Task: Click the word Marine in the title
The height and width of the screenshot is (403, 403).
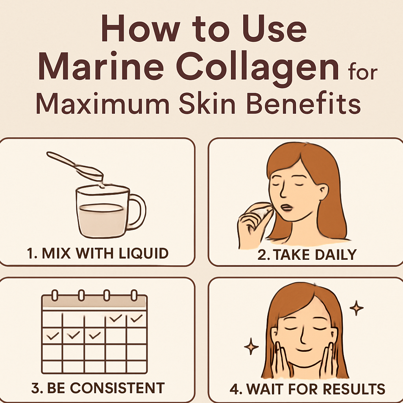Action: point(101,66)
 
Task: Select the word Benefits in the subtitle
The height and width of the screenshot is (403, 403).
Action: point(303,103)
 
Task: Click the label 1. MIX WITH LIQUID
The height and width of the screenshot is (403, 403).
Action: point(98,253)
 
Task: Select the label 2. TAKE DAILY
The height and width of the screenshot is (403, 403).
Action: point(307,255)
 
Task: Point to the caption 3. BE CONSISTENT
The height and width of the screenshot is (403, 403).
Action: point(98,388)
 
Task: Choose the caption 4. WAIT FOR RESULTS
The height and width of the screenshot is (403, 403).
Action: point(307,389)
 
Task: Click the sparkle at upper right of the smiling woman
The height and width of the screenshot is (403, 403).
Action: point(357,308)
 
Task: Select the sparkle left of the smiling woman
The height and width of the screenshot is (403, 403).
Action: point(251,347)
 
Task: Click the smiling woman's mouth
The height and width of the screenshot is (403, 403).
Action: point(304,350)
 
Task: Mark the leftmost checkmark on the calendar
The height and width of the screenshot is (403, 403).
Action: point(52,336)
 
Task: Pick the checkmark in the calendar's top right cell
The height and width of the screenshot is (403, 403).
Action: point(137,318)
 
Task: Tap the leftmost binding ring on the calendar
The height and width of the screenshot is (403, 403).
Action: point(55,295)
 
